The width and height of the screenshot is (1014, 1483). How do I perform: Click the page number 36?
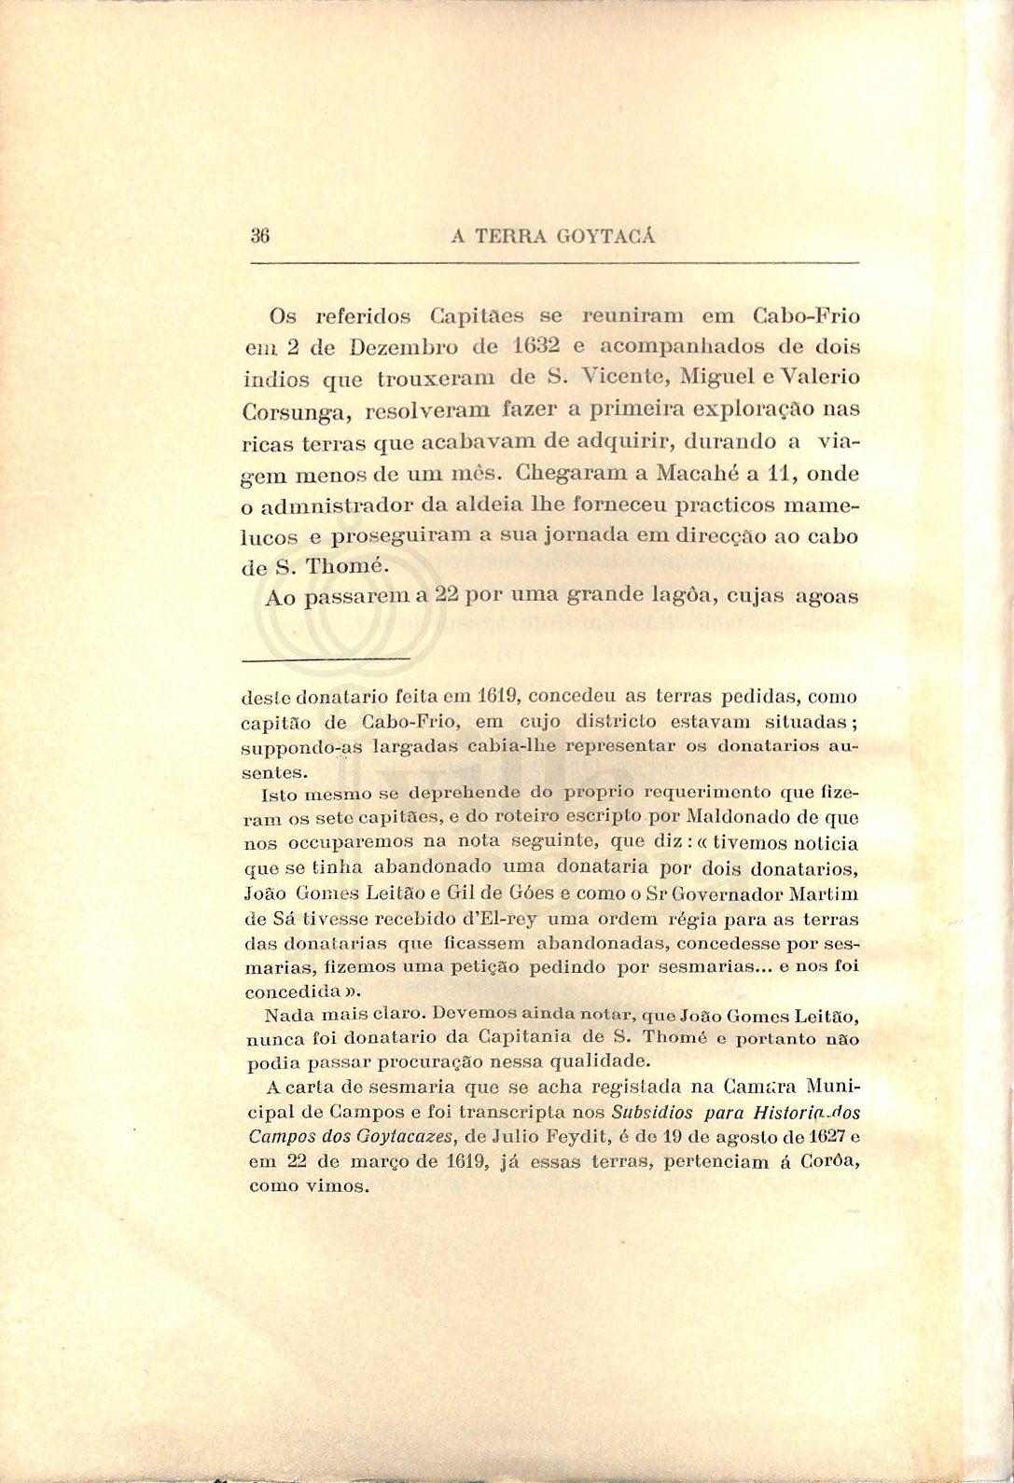(x=260, y=236)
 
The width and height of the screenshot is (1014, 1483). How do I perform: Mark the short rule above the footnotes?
(x=326, y=660)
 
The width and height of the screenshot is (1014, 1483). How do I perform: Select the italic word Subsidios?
(x=652, y=1112)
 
